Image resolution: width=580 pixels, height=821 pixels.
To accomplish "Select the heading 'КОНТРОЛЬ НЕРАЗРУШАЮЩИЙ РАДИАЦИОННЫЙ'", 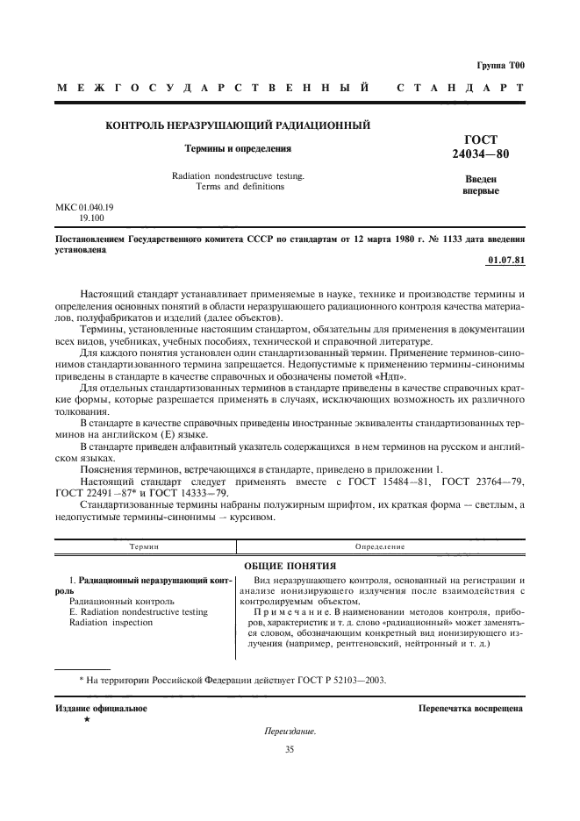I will (237, 125).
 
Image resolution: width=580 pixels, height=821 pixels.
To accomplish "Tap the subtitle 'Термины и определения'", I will (237, 149).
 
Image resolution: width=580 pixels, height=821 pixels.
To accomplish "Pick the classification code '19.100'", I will (92, 218).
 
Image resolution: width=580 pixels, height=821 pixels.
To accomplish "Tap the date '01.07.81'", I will (505, 261).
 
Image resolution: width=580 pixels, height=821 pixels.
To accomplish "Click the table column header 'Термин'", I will (144, 546).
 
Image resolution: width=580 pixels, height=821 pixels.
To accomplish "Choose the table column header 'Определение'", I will (379, 546).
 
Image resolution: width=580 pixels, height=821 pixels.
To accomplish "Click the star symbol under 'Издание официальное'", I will (87, 719).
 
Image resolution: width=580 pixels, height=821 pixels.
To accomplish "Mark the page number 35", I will (290, 749).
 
